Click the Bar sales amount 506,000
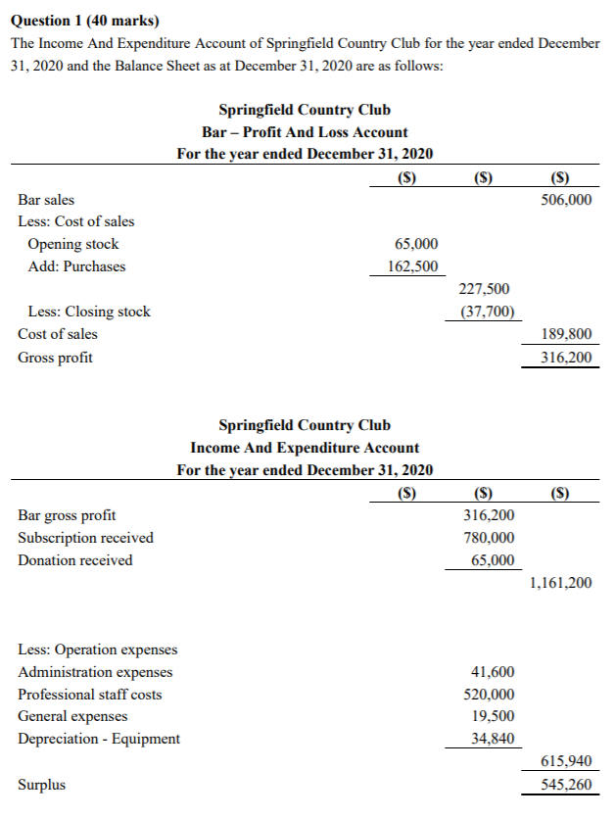point(566,199)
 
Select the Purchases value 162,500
point(413,266)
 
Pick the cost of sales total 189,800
point(566,334)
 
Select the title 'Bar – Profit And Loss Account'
point(305,132)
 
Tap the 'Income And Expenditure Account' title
point(305,448)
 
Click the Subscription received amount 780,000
point(490,538)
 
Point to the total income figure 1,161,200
point(559,583)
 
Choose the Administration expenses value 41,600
point(494,672)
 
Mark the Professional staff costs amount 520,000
point(490,695)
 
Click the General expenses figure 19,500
point(494,716)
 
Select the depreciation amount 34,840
point(494,739)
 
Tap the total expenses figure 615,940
point(566,762)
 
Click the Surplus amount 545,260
point(566,785)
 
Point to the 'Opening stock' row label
point(73,244)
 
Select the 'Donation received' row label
point(75,560)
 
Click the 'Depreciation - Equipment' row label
point(99,739)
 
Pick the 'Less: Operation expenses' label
point(98,650)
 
